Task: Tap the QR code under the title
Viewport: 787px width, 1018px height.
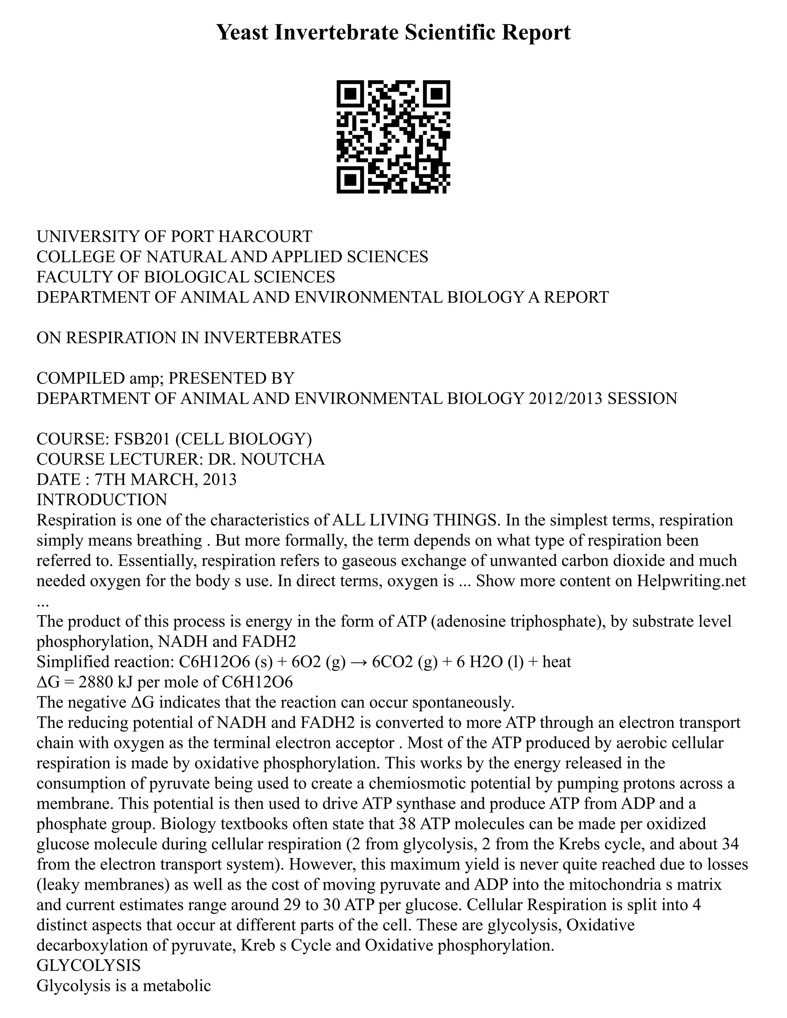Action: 393,137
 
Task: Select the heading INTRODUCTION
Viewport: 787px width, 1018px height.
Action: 101,500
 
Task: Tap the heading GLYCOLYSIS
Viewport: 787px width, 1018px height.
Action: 89,965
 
